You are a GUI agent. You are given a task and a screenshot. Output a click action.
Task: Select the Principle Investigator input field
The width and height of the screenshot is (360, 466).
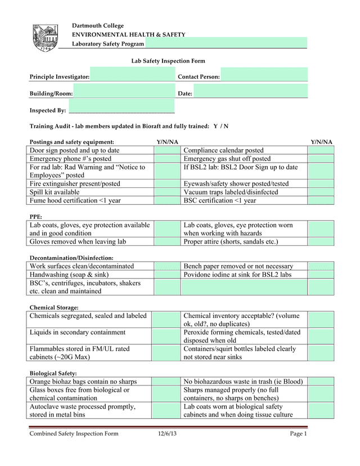click(x=132, y=75)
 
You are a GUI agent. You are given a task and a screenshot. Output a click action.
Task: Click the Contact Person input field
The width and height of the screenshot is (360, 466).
click(x=264, y=75)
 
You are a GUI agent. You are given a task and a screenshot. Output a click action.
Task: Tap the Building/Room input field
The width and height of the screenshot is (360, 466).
click(x=124, y=92)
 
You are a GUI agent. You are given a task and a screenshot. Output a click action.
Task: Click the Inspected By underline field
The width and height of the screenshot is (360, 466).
click(x=121, y=110)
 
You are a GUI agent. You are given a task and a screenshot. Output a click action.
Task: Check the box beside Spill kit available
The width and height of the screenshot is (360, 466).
click(x=166, y=192)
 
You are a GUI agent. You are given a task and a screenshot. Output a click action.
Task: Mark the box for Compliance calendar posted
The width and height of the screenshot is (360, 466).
click(x=321, y=150)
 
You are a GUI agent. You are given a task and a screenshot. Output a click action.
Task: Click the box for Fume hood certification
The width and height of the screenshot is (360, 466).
click(x=166, y=200)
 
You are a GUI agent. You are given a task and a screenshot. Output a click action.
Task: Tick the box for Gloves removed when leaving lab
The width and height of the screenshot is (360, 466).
click(x=166, y=242)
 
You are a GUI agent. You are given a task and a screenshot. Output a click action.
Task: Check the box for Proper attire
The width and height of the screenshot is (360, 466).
click(x=321, y=242)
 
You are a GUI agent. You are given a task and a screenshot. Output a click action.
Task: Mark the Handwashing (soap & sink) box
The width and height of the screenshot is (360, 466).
click(x=166, y=275)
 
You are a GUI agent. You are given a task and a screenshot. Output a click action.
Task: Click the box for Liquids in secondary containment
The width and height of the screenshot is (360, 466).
click(x=166, y=337)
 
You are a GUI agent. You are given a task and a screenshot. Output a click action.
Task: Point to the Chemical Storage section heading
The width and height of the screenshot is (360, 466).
click(x=54, y=307)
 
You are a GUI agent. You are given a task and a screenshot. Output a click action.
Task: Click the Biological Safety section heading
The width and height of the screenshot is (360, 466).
click(x=53, y=373)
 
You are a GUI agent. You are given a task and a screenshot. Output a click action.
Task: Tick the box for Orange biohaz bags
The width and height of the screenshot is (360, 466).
click(x=166, y=382)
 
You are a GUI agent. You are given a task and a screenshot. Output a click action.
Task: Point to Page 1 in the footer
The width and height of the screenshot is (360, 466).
click(x=298, y=434)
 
